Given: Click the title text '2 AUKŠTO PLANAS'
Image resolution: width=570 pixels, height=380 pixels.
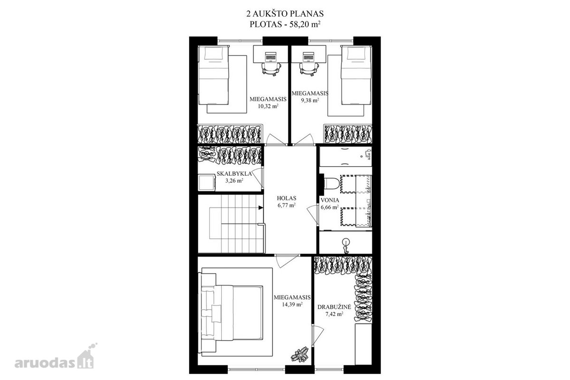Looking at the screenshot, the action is click(285, 13).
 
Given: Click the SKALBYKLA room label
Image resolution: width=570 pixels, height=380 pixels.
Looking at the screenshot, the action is click(234, 174).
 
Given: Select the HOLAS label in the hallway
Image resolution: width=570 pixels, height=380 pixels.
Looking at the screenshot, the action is click(286, 198).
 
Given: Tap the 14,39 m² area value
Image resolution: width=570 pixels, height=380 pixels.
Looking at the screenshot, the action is click(292, 304).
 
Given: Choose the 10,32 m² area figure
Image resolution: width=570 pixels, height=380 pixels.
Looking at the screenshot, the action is click(268, 106).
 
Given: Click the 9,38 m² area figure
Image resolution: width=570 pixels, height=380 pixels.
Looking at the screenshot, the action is click(310, 100).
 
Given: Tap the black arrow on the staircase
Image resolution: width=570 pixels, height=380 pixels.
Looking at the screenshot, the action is click(261, 208).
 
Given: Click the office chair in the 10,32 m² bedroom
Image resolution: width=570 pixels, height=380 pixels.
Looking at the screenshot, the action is click(271, 68).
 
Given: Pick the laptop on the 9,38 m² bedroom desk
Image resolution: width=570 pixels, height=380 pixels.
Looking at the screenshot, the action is click(308, 57).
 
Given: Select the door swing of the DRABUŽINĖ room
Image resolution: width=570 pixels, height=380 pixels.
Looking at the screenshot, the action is click(318, 335).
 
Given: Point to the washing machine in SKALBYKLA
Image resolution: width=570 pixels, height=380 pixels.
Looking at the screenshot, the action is click(207, 182).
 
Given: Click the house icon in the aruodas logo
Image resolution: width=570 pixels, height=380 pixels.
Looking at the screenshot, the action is click(86, 358).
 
